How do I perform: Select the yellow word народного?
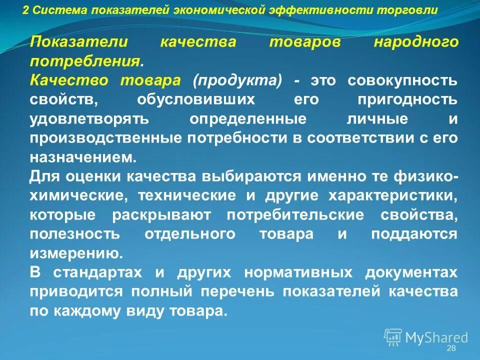point(415,42)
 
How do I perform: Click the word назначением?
point(82,157)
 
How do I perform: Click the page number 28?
point(451,348)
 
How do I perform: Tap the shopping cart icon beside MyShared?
point(393,336)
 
